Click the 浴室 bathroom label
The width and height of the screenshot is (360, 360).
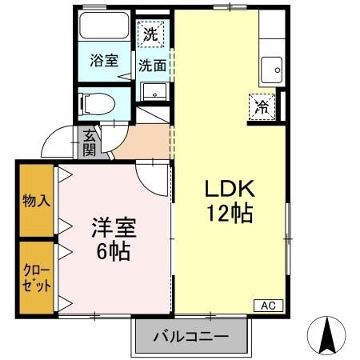pos(103,60)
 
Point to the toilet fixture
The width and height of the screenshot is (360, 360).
pos(98,102)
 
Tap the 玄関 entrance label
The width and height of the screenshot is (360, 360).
pos(89,144)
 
